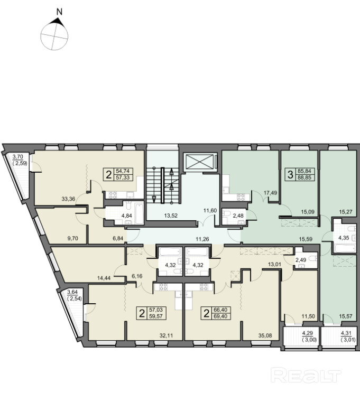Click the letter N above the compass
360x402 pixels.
tap(60, 12)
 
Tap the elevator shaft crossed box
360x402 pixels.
tap(200, 162)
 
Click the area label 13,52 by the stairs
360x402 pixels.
tap(171, 216)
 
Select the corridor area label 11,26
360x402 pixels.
tap(202, 239)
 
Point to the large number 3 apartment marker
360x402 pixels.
tap(290, 175)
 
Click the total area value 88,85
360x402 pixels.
tap(304, 177)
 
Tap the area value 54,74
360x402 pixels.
tap(123, 171)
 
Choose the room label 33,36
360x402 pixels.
tap(68, 199)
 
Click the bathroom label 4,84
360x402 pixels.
tap(126, 216)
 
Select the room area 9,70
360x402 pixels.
tap(72, 239)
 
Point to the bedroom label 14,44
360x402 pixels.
tap(104, 278)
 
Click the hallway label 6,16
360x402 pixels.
tap(137, 276)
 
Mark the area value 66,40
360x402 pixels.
tap(220, 310)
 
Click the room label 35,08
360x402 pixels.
tap(265, 335)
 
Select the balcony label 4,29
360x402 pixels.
tap(307, 333)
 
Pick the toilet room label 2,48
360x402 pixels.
tap(238, 216)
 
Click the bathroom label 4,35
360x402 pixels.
tap(344, 238)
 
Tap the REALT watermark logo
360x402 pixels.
tap(306, 376)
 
